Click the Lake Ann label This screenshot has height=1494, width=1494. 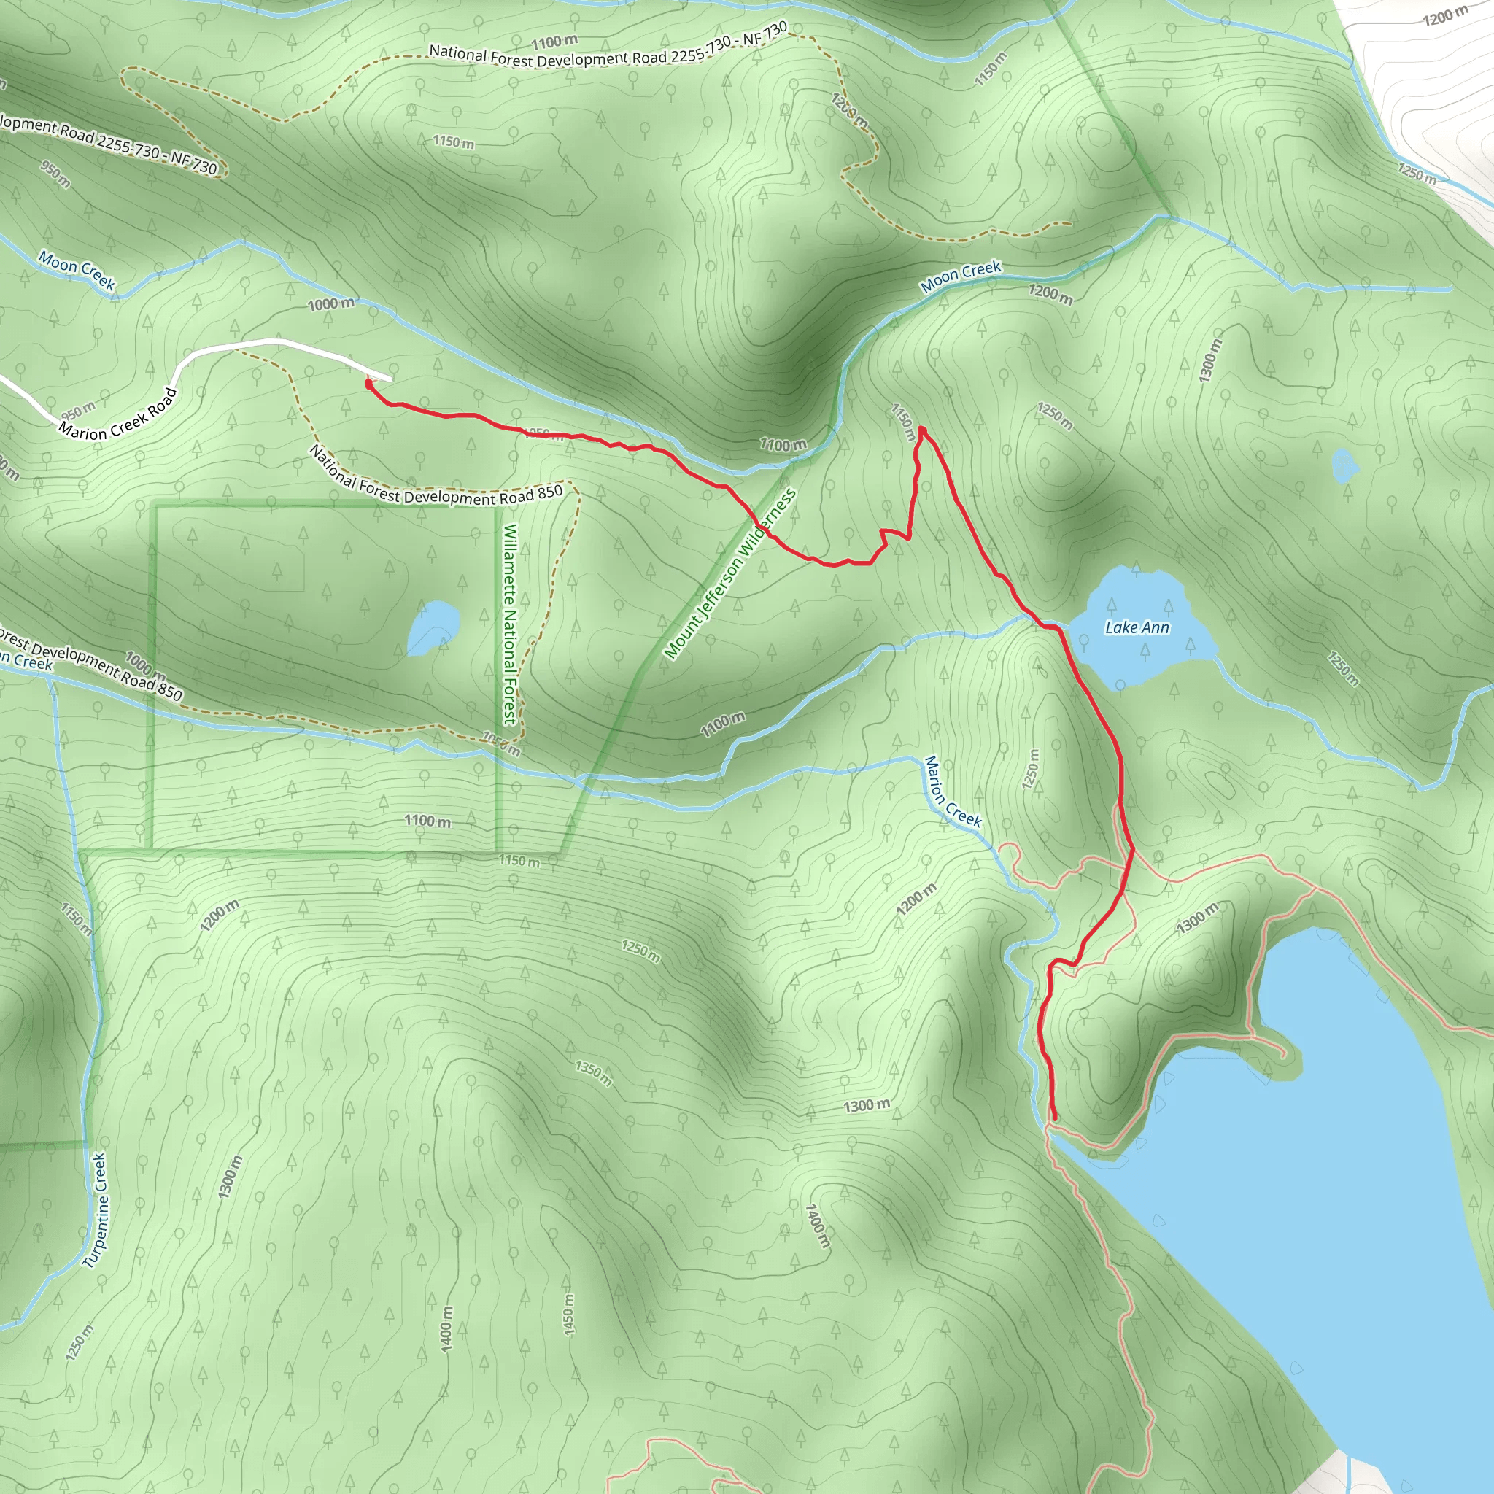1136,627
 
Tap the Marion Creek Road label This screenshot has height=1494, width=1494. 117,414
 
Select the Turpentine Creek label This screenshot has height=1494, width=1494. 95,1211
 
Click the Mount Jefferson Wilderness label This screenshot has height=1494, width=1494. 730,574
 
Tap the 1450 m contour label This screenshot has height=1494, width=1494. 568,1315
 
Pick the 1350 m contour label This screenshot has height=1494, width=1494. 593,1072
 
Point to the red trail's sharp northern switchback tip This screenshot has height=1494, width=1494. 922,430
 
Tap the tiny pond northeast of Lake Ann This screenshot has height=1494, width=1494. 1344,465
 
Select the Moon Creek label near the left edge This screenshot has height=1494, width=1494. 77,270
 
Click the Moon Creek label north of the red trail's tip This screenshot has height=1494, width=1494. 961,276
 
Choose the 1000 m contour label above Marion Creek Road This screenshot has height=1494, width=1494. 331,304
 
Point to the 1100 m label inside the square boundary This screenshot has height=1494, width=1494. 427,821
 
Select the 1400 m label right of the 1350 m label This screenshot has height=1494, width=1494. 816,1226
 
